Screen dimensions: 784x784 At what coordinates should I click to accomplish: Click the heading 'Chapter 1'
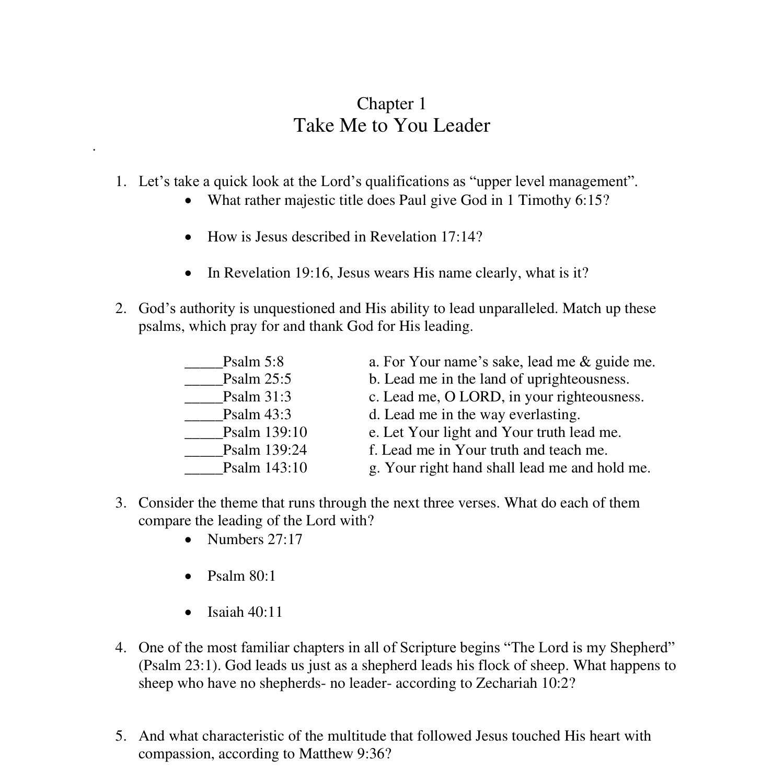point(391,103)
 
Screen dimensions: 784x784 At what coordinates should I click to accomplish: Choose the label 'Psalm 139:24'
point(265,449)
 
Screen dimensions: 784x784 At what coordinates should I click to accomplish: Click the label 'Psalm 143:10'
point(265,467)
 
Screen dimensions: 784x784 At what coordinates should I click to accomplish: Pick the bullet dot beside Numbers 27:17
point(189,540)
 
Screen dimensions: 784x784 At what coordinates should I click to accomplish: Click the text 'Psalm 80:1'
point(241,575)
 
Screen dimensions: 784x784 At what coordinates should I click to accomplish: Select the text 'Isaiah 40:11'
point(245,612)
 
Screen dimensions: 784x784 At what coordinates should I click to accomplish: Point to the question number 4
point(120,648)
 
